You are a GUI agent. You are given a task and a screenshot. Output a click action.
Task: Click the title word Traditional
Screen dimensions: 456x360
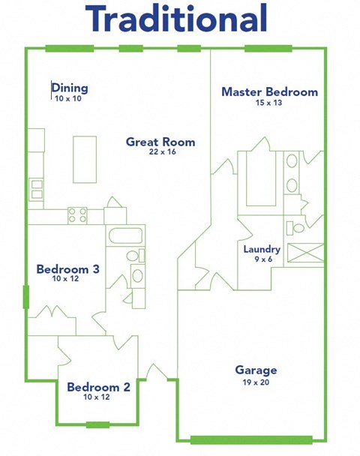tap(176, 20)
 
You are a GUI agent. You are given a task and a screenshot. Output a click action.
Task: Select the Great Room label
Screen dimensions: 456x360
tap(160, 142)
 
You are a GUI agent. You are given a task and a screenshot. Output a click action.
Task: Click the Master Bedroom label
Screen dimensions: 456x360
tap(269, 92)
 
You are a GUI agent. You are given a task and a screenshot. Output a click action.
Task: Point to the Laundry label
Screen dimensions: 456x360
tap(262, 249)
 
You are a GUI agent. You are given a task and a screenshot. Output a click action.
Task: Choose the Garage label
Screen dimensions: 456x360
tap(256, 370)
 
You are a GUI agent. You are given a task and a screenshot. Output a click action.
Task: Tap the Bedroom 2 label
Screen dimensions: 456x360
tap(98, 387)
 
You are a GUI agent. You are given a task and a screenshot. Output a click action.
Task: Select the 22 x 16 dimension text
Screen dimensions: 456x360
tap(160, 153)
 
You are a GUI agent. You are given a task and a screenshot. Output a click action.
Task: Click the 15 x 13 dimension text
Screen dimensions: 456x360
tap(269, 103)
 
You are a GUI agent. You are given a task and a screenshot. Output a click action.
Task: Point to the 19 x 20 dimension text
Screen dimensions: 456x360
tap(256, 382)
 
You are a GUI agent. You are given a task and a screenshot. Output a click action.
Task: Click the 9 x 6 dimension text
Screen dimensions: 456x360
tap(262, 259)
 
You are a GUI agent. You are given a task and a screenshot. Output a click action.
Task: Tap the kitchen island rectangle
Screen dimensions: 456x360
tap(85, 159)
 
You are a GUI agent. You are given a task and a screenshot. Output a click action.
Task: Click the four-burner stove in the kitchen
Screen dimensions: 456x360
tap(77, 215)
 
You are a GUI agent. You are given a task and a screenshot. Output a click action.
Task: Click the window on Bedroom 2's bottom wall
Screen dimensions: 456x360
tap(97, 425)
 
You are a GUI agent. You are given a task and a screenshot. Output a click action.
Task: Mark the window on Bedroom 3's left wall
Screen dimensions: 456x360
tap(26, 297)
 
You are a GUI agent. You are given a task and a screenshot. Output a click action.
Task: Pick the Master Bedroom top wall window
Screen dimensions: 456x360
tap(268, 49)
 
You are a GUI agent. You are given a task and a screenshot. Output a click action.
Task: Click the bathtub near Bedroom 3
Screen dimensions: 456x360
tap(126, 236)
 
